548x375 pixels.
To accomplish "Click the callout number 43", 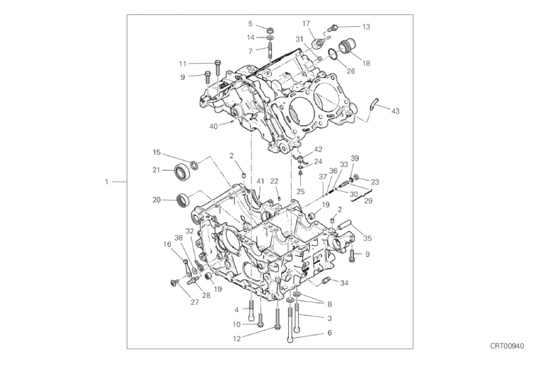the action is point(395,111).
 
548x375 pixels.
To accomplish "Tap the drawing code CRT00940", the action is point(507,346).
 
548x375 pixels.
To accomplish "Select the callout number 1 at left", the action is point(107,182).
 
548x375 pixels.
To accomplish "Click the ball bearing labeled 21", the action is point(181,171).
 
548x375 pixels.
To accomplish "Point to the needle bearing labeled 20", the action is point(184,200).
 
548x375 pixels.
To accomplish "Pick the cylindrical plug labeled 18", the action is point(346,47).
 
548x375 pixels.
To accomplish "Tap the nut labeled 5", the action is point(270,30).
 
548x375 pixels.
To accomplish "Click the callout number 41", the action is point(260,181).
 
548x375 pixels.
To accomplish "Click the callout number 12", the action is point(237,339).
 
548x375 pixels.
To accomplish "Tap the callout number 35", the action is point(367,238).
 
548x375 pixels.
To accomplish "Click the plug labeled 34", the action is point(326,280).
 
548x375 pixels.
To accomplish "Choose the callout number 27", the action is point(194,302).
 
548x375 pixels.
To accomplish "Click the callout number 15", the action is point(157,152).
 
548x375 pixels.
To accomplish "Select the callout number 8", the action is point(329,304).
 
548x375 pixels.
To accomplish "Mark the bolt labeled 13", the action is point(333,27).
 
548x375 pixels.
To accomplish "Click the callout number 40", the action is point(213,126).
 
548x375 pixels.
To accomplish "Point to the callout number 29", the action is point(368,201).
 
